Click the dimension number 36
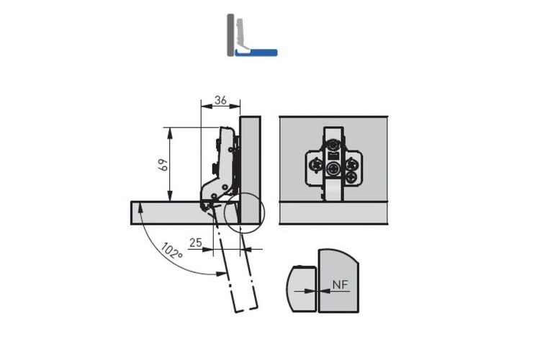220,100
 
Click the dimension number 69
163,164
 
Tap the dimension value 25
196,243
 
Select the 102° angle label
171,251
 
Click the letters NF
341,284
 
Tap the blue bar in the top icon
256,53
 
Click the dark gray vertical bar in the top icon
230,35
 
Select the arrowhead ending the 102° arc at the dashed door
222,274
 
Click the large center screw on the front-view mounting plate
333,168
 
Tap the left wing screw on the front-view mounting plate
315,166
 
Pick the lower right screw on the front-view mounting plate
351,177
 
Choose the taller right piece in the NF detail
338,281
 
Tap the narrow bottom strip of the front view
333,213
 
